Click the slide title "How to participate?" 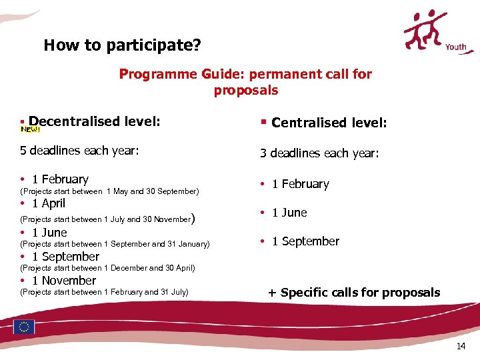[122, 45]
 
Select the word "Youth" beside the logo [455, 47]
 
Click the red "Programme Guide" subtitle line [245, 74]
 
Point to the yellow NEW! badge [30, 129]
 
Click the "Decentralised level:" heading [94, 121]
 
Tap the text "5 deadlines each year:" [79, 150]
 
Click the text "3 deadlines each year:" [319, 153]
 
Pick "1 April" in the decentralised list [48, 203]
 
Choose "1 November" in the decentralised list [63, 281]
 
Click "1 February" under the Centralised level [300, 184]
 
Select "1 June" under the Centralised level [289, 213]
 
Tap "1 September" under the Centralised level [305, 241]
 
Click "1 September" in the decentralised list [65, 257]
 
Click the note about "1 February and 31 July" [105, 292]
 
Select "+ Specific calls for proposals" [354, 293]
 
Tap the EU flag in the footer [25, 327]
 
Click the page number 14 [461, 346]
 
